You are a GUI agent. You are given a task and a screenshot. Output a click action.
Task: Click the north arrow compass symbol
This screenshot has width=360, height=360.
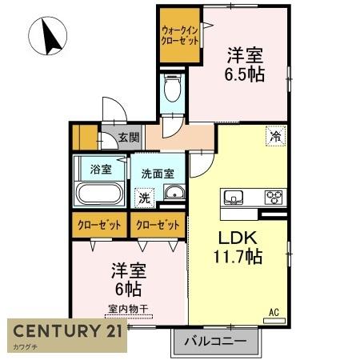coord(47,36)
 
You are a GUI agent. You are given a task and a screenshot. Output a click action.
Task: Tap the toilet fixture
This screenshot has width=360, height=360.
coord(173,87)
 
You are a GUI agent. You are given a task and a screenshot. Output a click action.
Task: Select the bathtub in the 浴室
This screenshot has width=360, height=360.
coord(99,194)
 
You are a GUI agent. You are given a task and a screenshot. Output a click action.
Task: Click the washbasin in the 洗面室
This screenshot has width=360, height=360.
coord(174,192)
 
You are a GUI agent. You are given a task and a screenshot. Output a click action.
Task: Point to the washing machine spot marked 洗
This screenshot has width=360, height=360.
coord(145,198)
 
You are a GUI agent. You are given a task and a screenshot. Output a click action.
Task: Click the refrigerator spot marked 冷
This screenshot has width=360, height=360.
coord(276,136)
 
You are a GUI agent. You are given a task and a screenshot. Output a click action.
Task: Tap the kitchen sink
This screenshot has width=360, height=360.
coord(234,198)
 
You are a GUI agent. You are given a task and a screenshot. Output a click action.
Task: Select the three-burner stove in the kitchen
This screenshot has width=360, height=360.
coord(274,198)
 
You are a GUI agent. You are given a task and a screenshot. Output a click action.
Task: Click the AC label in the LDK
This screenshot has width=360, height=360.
coord(274,312)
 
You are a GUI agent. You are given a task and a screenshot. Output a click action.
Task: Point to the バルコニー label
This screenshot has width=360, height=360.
coord(215,341)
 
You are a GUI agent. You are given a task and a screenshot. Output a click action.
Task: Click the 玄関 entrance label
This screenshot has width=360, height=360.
coord(129,138)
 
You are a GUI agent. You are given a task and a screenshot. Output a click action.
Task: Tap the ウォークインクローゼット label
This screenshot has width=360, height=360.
coord(180,35)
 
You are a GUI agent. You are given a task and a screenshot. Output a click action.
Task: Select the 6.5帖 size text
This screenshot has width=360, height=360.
coord(245,74)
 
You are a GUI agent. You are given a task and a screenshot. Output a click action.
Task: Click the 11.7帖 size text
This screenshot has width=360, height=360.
coord(238,256)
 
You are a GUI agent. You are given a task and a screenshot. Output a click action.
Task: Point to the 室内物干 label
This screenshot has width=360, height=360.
coord(128,309)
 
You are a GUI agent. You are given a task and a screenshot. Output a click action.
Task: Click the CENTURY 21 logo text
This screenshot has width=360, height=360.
coord(68,331)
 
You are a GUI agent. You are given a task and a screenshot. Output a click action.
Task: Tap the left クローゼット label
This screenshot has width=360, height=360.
coord(99,226)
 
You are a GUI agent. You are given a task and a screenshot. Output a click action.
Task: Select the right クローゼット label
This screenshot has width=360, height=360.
coord(158,226)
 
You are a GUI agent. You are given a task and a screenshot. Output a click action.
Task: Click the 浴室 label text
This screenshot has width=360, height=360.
coord(101,169)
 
